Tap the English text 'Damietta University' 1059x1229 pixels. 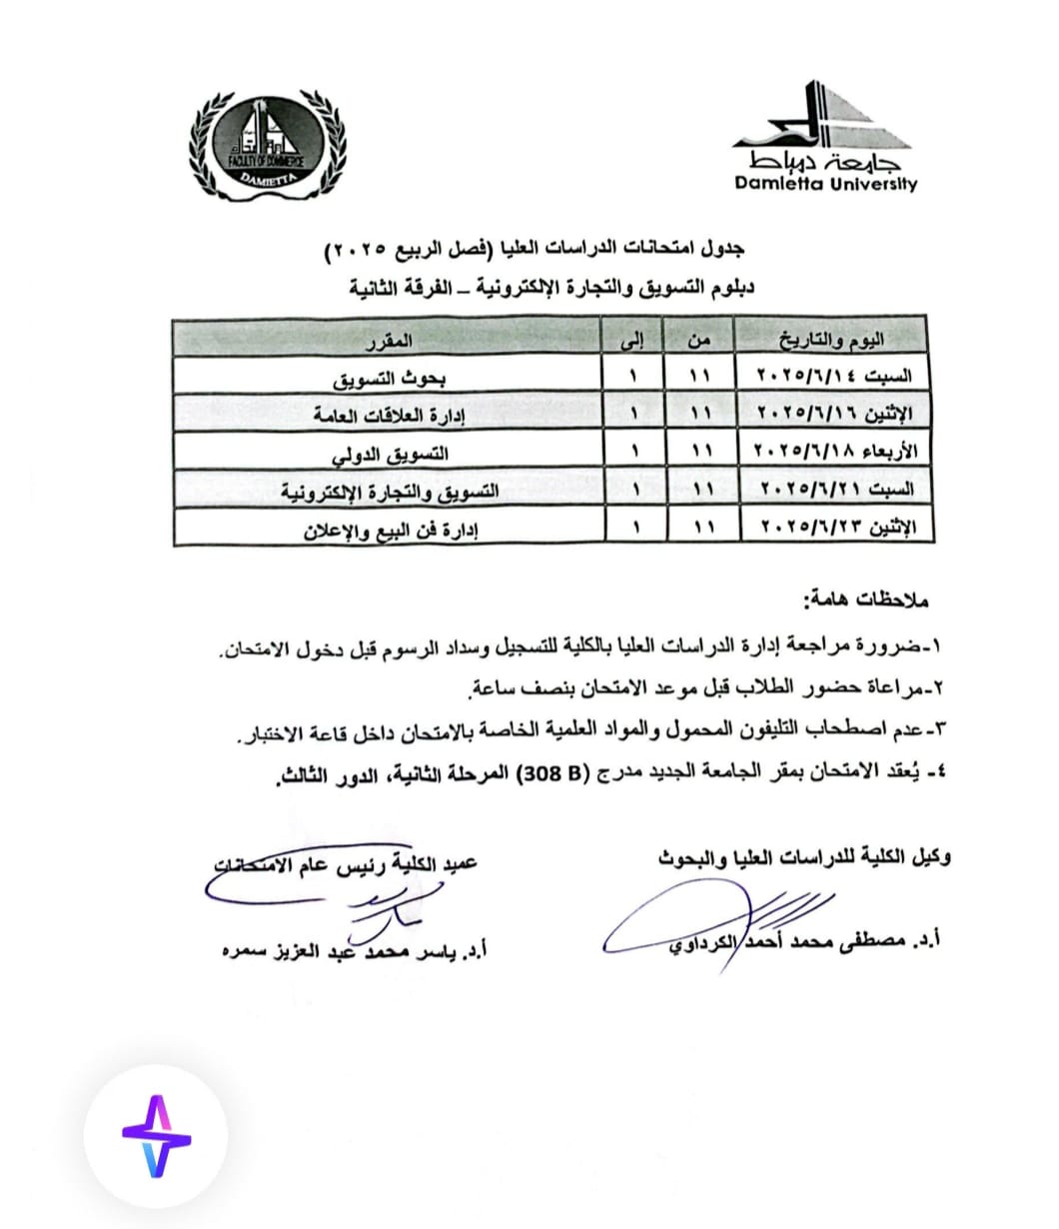click(x=825, y=184)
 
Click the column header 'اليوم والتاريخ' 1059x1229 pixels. click(x=835, y=342)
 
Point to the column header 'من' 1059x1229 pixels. click(x=699, y=342)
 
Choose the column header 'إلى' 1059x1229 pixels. click(x=634, y=342)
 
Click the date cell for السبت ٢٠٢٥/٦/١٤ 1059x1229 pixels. click(x=835, y=380)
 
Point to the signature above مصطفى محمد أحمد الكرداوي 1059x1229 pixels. click(x=699, y=924)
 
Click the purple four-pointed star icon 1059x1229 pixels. click(x=156, y=1135)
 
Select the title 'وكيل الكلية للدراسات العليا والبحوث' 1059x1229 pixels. click(x=804, y=857)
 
